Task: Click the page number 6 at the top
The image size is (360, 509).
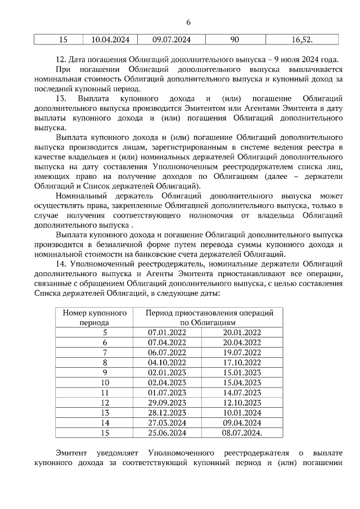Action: click(188, 22)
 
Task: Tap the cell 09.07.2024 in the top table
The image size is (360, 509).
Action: click(171, 39)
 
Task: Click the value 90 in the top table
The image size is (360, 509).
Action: click(235, 39)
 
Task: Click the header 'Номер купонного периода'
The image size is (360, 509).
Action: click(94, 317)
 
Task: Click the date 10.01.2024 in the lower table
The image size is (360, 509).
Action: click(242, 412)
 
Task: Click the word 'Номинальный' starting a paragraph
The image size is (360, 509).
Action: click(82, 196)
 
